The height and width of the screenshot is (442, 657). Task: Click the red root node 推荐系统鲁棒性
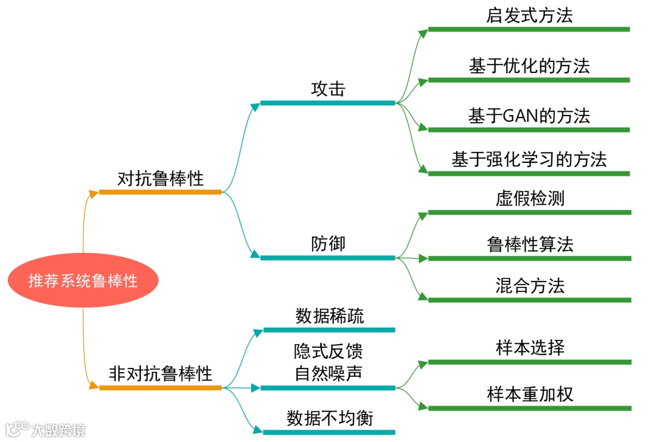(83, 280)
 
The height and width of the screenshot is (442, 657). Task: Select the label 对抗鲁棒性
(161, 179)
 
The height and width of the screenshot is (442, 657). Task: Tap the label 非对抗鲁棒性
(161, 373)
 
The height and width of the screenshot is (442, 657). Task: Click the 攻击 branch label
(328, 89)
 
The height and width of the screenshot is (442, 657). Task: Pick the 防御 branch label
(328, 244)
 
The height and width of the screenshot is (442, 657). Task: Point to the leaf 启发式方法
(529, 16)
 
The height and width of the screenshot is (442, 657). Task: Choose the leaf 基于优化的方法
(529, 66)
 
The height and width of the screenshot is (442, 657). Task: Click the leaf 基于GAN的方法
(529, 116)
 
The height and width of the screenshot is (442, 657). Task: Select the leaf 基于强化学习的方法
(529, 160)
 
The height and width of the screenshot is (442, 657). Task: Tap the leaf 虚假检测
(530, 199)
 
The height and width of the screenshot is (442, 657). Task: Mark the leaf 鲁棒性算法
(530, 244)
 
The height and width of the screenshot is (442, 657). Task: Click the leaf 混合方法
(530, 286)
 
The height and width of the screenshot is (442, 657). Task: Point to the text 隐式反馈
(328, 352)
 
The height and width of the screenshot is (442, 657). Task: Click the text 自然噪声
(328, 372)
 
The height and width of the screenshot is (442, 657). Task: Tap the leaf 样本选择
(530, 348)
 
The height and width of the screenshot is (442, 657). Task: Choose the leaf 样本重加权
(530, 393)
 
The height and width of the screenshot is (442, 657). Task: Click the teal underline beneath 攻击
(328, 103)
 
